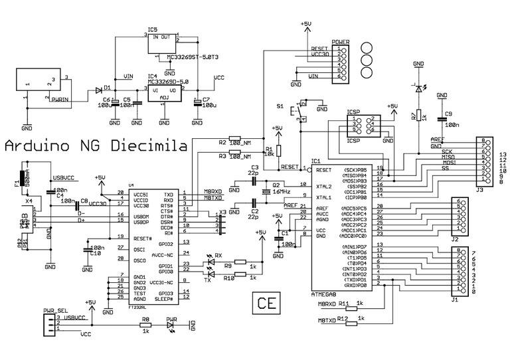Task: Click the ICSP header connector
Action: click(x=363, y=125)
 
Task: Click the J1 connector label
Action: click(x=456, y=300)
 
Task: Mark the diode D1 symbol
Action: click(x=99, y=88)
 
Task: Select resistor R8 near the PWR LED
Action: click(x=145, y=325)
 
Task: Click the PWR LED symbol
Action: click(x=173, y=325)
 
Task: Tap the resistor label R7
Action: click(x=413, y=117)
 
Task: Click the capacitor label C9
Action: click(x=449, y=114)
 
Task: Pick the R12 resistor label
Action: click(x=343, y=319)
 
